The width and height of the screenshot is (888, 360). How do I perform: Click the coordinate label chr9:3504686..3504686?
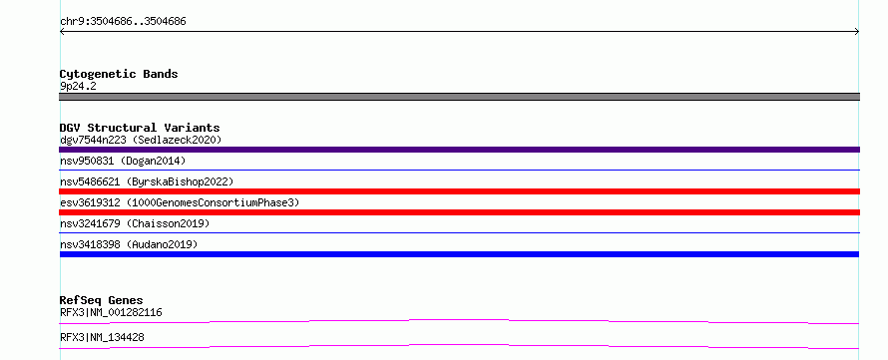pyautogui.click(x=123, y=22)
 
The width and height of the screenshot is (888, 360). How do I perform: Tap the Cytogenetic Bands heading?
pyautogui.click(x=119, y=74)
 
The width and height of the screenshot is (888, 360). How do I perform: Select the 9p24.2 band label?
pyautogui.click(x=78, y=87)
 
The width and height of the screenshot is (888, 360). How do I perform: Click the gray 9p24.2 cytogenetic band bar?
pyautogui.click(x=459, y=97)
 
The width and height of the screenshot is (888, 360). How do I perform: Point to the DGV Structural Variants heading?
pyautogui.click(x=140, y=128)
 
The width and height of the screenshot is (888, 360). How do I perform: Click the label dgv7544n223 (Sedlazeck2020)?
pyautogui.click(x=141, y=140)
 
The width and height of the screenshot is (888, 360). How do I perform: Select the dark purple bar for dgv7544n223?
pyautogui.click(x=459, y=150)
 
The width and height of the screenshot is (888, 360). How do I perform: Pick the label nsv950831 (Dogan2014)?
pyautogui.click(x=123, y=161)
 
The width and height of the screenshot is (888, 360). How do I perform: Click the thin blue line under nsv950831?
pyautogui.click(x=459, y=170)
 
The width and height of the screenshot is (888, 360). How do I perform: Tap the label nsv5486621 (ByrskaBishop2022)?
pyautogui.click(x=147, y=181)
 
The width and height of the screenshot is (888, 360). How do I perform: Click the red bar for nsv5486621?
pyautogui.click(x=459, y=191)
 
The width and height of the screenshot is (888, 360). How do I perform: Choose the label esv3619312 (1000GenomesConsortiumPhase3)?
pyautogui.click(x=180, y=202)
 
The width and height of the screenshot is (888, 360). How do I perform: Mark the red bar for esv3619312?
pyautogui.click(x=459, y=212)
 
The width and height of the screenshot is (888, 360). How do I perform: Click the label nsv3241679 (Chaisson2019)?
pyautogui.click(x=135, y=223)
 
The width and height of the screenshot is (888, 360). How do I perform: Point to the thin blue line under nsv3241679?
pyautogui.click(x=459, y=232)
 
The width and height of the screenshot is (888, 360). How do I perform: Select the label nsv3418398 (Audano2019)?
pyautogui.click(x=129, y=244)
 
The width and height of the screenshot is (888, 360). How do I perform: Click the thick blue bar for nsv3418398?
pyautogui.click(x=459, y=254)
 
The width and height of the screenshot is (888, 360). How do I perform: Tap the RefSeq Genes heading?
pyautogui.click(x=102, y=300)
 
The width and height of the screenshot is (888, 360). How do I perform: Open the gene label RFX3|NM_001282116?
pyautogui.click(x=112, y=312)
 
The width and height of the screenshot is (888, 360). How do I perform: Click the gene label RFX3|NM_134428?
pyautogui.click(x=102, y=337)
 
